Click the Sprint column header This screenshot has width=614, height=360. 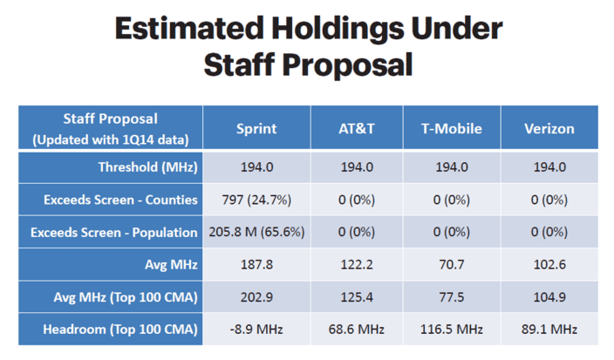[x=256, y=129]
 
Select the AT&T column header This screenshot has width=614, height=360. [x=357, y=129]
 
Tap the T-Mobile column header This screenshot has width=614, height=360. [x=452, y=129]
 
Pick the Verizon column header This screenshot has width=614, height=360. [x=549, y=129]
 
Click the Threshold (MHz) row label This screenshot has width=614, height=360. [x=148, y=167]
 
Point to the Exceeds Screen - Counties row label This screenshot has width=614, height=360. [x=120, y=200]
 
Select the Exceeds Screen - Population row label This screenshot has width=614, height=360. [x=114, y=233]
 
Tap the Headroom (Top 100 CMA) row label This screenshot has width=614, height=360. [x=120, y=329]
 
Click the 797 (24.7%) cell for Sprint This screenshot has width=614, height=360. [x=256, y=200]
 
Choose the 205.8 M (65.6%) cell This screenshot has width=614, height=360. [x=256, y=232]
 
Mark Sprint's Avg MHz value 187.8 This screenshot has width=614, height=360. [x=256, y=264]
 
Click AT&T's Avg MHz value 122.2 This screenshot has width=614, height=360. [x=357, y=264]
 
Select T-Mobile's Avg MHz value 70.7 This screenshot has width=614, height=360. [x=452, y=264]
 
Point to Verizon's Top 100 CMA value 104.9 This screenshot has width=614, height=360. [x=549, y=297]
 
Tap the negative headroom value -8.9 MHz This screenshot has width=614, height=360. [x=256, y=329]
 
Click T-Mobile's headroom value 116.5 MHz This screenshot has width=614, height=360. [x=452, y=329]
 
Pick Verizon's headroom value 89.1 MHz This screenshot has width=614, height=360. [x=549, y=329]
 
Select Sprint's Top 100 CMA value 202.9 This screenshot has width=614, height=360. [x=256, y=297]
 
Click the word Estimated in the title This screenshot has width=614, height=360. [x=189, y=28]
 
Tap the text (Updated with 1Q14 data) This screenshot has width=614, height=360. [x=111, y=139]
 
